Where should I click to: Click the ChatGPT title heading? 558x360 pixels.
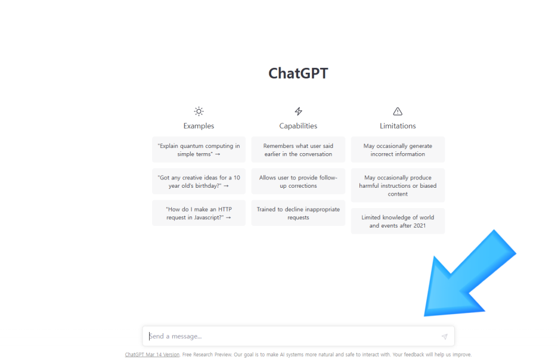pyautogui.click(x=298, y=73)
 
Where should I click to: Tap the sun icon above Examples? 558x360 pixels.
pyautogui.click(x=199, y=111)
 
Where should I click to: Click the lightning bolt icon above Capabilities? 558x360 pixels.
pyautogui.click(x=298, y=111)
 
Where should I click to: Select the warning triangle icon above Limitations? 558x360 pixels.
pyautogui.click(x=398, y=111)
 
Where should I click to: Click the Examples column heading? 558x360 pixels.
pyautogui.click(x=199, y=126)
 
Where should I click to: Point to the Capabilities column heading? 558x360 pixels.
pyautogui.click(x=298, y=126)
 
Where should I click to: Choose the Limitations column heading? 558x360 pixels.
pyautogui.click(x=398, y=126)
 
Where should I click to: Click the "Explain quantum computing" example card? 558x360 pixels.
pyautogui.click(x=199, y=150)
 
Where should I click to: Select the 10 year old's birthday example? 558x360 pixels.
pyautogui.click(x=199, y=181)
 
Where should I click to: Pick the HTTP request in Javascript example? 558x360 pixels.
pyautogui.click(x=199, y=213)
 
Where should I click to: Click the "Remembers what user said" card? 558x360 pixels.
pyautogui.click(x=298, y=150)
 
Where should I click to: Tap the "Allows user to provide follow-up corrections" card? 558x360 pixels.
pyautogui.click(x=298, y=181)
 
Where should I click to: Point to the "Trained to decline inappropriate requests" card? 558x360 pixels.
pyautogui.click(x=298, y=213)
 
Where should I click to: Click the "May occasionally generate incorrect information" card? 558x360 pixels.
pyautogui.click(x=398, y=150)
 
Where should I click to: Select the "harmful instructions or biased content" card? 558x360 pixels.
pyautogui.click(x=398, y=185)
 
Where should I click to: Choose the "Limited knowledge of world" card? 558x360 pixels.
pyautogui.click(x=398, y=221)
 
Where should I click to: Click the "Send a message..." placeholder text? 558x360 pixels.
pyautogui.click(x=175, y=336)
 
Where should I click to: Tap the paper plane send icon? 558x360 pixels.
pyautogui.click(x=445, y=336)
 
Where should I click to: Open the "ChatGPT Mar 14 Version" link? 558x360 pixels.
pyautogui.click(x=152, y=355)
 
